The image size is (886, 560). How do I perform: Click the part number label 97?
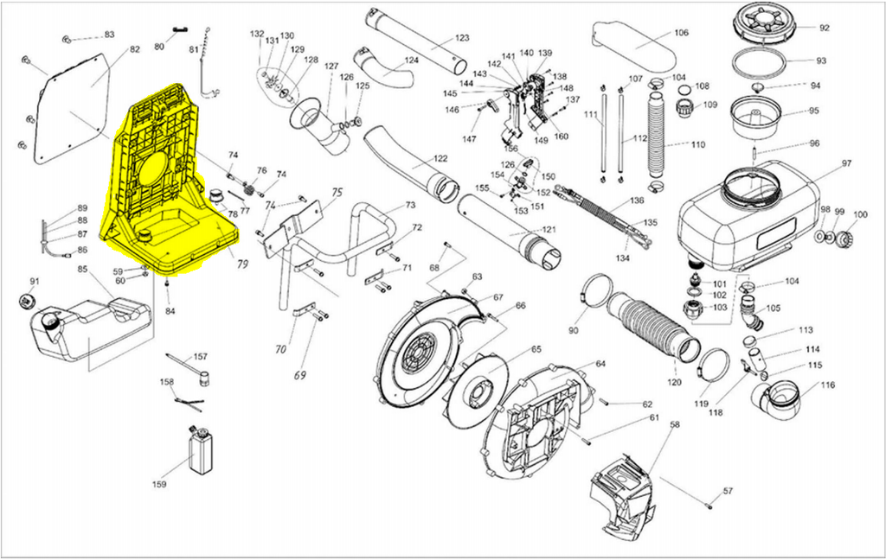tap(846, 163)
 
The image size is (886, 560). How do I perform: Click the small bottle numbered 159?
tap(201, 450)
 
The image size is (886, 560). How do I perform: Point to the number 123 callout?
tap(461, 38)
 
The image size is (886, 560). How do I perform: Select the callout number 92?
tap(824, 28)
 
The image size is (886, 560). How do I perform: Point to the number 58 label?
tap(675, 424)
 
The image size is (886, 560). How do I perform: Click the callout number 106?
tap(681, 34)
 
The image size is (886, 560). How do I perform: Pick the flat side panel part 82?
tap(73, 108)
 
